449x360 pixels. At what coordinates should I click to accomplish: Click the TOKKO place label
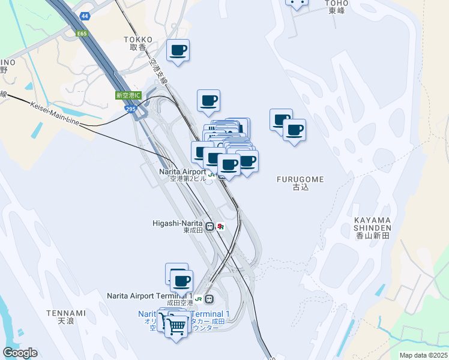click(137, 43)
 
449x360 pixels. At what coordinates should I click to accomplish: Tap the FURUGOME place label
click(300, 183)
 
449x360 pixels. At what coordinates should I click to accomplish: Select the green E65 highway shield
click(82, 34)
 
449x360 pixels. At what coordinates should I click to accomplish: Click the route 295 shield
click(131, 109)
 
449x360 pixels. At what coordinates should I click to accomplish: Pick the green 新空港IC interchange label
click(127, 95)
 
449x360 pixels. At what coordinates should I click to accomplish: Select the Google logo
click(20, 353)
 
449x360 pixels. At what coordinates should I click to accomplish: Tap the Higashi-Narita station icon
click(209, 227)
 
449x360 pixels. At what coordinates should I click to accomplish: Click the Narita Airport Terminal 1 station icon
click(209, 299)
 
